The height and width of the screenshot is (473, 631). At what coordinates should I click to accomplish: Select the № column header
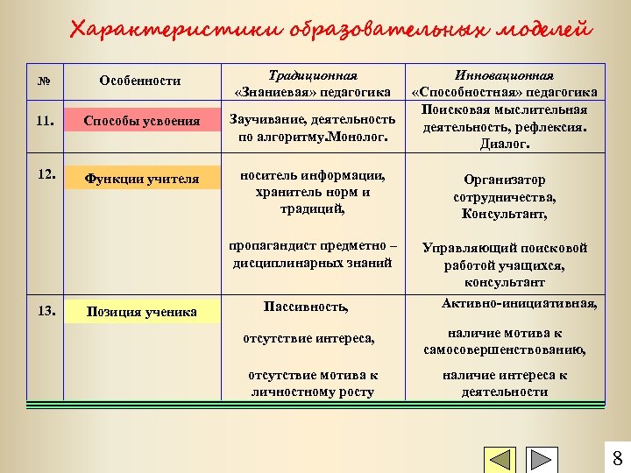pyautogui.click(x=44, y=81)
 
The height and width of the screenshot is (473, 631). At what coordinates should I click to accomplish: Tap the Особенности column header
pyautogui.click(x=140, y=81)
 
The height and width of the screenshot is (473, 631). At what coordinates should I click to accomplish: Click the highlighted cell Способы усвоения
pyautogui.click(x=141, y=121)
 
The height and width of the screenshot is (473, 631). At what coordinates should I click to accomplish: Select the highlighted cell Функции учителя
pyautogui.click(x=141, y=180)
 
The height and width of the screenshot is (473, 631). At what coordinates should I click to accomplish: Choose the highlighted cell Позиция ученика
pyautogui.click(x=141, y=312)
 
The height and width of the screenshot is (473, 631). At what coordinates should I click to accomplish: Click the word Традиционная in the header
pyautogui.click(x=313, y=76)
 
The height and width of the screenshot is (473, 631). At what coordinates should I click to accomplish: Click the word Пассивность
pyautogui.click(x=306, y=307)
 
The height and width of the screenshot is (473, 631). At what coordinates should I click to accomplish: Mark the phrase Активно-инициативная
pyautogui.click(x=520, y=304)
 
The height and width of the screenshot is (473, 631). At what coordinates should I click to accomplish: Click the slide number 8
pyautogui.click(x=617, y=458)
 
